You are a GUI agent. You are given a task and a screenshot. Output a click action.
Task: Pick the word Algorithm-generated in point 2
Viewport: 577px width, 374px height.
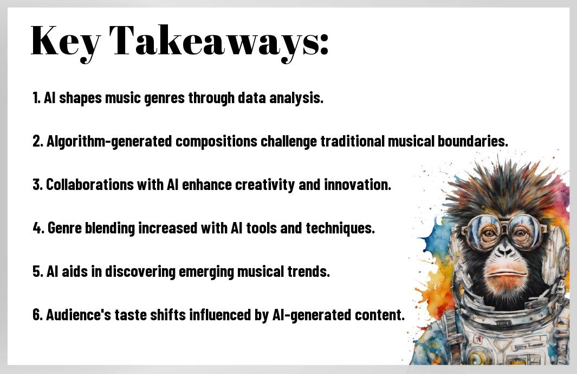click(109, 142)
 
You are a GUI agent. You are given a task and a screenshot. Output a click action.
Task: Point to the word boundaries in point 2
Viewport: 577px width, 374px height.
click(472, 141)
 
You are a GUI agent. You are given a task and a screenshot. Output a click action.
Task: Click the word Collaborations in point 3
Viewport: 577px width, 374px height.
click(89, 185)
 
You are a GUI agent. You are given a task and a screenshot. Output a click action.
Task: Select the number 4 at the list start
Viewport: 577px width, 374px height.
click(37, 228)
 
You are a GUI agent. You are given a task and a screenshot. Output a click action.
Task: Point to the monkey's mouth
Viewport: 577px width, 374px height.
click(505, 274)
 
